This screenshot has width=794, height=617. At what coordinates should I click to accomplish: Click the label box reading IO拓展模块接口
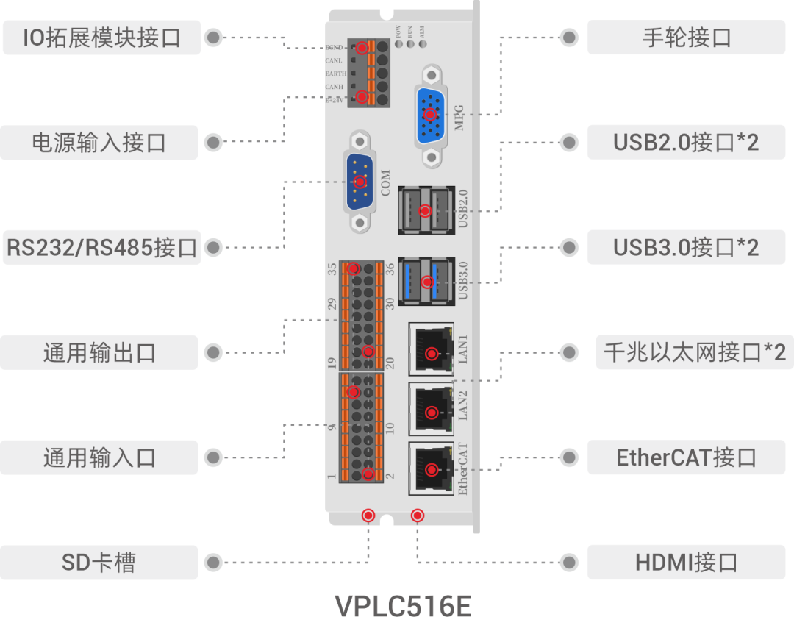pos(101,37)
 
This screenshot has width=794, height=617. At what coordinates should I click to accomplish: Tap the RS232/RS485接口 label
pos(101,247)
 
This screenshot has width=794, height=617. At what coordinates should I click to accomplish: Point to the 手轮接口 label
pos(686,37)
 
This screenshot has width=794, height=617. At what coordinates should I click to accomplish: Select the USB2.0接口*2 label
pos(686,142)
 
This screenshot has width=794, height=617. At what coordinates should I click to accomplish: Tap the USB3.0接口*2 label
pos(686,247)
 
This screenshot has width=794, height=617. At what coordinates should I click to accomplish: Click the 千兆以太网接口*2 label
pos(694,352)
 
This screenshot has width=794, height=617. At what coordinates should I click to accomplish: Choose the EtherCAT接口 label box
pos(686,457)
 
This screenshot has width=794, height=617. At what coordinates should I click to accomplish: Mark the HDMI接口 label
pos(686,563)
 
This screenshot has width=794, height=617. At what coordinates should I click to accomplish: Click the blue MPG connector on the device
pos(430,115)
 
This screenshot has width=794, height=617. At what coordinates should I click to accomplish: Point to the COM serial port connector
pos(360,182)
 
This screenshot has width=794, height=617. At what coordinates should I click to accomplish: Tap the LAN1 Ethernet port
pos(431,349)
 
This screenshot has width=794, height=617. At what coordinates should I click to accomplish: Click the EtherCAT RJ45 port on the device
pos(431,468)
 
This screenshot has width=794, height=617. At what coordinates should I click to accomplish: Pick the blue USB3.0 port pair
pos(426,280)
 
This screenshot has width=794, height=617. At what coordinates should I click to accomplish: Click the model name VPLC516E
pos(402,604)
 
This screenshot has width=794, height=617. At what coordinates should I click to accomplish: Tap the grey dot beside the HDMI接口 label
pos(568,563)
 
